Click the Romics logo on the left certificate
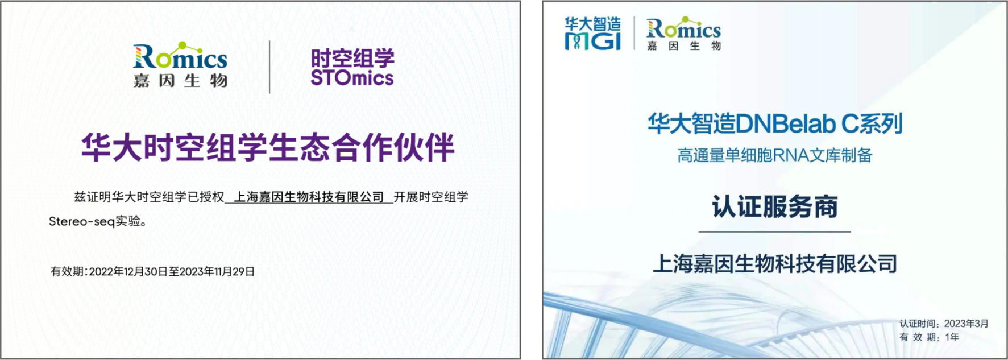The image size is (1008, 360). [180, 64]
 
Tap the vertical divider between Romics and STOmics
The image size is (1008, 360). [269, 67]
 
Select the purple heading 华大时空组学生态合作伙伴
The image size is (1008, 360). [268, 147]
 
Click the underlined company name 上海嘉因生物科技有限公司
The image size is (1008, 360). [309, 197]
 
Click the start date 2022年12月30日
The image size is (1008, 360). [128, 272]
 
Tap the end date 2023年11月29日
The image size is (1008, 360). [217, 272]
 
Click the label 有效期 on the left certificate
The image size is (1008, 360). [67, 272]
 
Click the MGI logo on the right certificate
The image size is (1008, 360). [592, 34]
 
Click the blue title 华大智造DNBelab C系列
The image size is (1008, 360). [775, 123]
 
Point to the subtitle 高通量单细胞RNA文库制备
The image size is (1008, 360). [775, 155]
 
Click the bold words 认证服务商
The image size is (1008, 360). [775, 206]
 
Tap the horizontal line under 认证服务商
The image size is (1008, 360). [774, 232]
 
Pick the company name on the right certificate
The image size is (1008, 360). [775, 264]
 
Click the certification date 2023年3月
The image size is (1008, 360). [966, 324]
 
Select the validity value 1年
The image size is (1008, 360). [952, 337]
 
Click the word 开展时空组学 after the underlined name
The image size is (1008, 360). [431, 197]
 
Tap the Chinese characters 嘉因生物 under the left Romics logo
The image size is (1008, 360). [180, 81]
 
